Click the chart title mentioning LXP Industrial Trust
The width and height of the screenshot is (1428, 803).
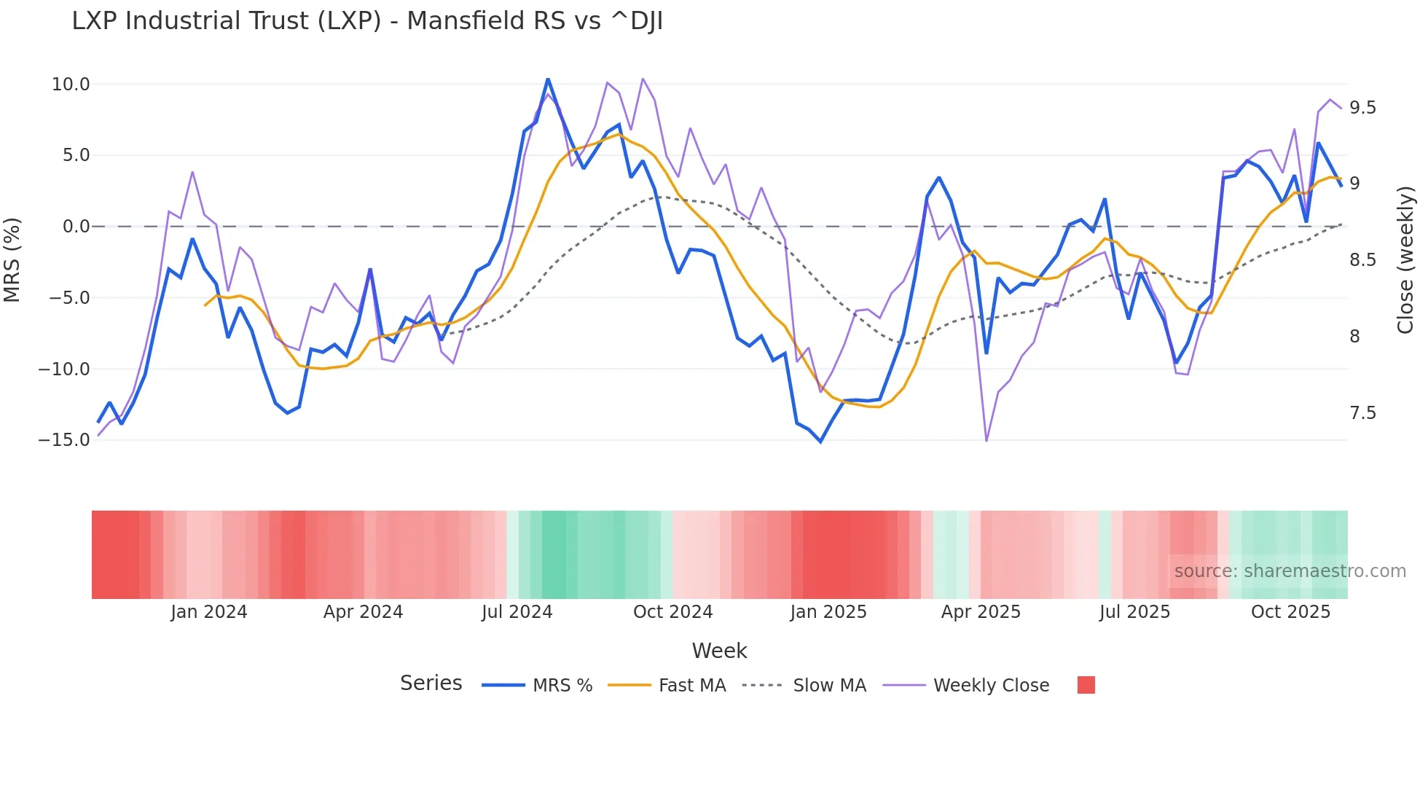coord(367,21)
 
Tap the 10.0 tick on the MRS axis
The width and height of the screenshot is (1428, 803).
coord(71,85)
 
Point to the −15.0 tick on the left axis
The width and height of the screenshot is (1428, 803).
coord(64,440)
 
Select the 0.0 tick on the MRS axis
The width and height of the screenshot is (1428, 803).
coord(76,227)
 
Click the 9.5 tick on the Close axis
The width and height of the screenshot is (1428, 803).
coord(1362,108)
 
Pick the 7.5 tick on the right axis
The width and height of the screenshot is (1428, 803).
coord(1362,413)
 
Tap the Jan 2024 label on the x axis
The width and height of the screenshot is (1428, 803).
coord(209,612)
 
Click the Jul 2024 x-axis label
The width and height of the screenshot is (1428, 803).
coord(517,612)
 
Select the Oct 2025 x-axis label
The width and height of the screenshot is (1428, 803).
coord(1290,612)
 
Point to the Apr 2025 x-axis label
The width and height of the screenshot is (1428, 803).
coord(981,612)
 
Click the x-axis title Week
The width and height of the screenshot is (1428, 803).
coord(719,651)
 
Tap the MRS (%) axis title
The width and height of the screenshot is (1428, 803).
coord(12,259)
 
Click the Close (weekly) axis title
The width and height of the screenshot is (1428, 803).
coord(1405,260)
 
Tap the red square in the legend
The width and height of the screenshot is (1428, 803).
coord(1086,685)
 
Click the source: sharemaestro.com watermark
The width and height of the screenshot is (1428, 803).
coord(1290,571)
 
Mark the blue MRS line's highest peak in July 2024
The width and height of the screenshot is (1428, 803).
coord(548,79)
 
